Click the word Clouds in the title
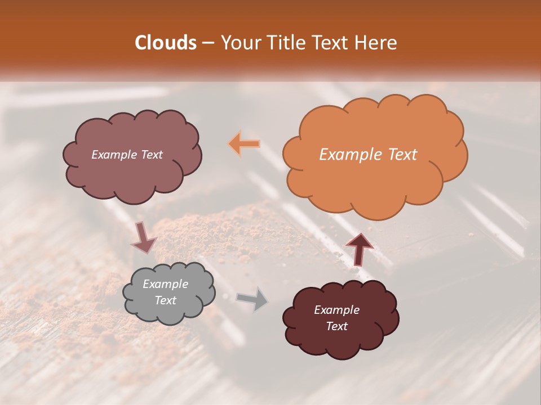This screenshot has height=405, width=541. tap(166, 43)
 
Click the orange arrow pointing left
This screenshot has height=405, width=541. tap(244, 144)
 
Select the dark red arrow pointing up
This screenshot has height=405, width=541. tap(359, 248)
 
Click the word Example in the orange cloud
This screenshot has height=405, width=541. tap(351, 155)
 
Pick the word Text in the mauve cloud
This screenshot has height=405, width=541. tap(151, 155)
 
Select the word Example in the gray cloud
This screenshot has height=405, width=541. tap(165, 284)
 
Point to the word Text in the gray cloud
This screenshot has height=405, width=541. tap(165, 300)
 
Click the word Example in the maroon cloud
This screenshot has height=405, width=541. tap(336, 310)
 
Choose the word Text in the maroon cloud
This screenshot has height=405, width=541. tap(336, 326)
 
